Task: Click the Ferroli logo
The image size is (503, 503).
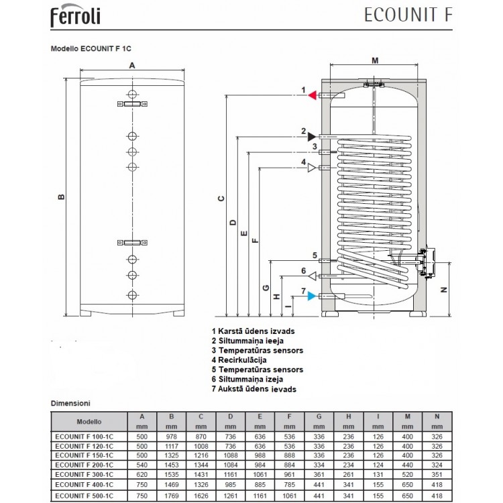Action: pos(75,15)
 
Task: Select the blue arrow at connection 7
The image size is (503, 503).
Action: pos(312,296)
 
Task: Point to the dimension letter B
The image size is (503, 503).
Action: pos(60,197)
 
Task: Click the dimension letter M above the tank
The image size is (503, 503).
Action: pos(375,61)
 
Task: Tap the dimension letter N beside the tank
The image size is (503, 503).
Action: pos(443,290)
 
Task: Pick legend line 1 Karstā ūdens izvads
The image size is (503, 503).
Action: pos(252,331)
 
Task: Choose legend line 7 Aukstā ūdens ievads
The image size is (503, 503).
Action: pos(254,389)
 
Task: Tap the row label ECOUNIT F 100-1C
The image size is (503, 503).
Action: pos(84,437)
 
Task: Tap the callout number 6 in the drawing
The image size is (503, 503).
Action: pos(303,272)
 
